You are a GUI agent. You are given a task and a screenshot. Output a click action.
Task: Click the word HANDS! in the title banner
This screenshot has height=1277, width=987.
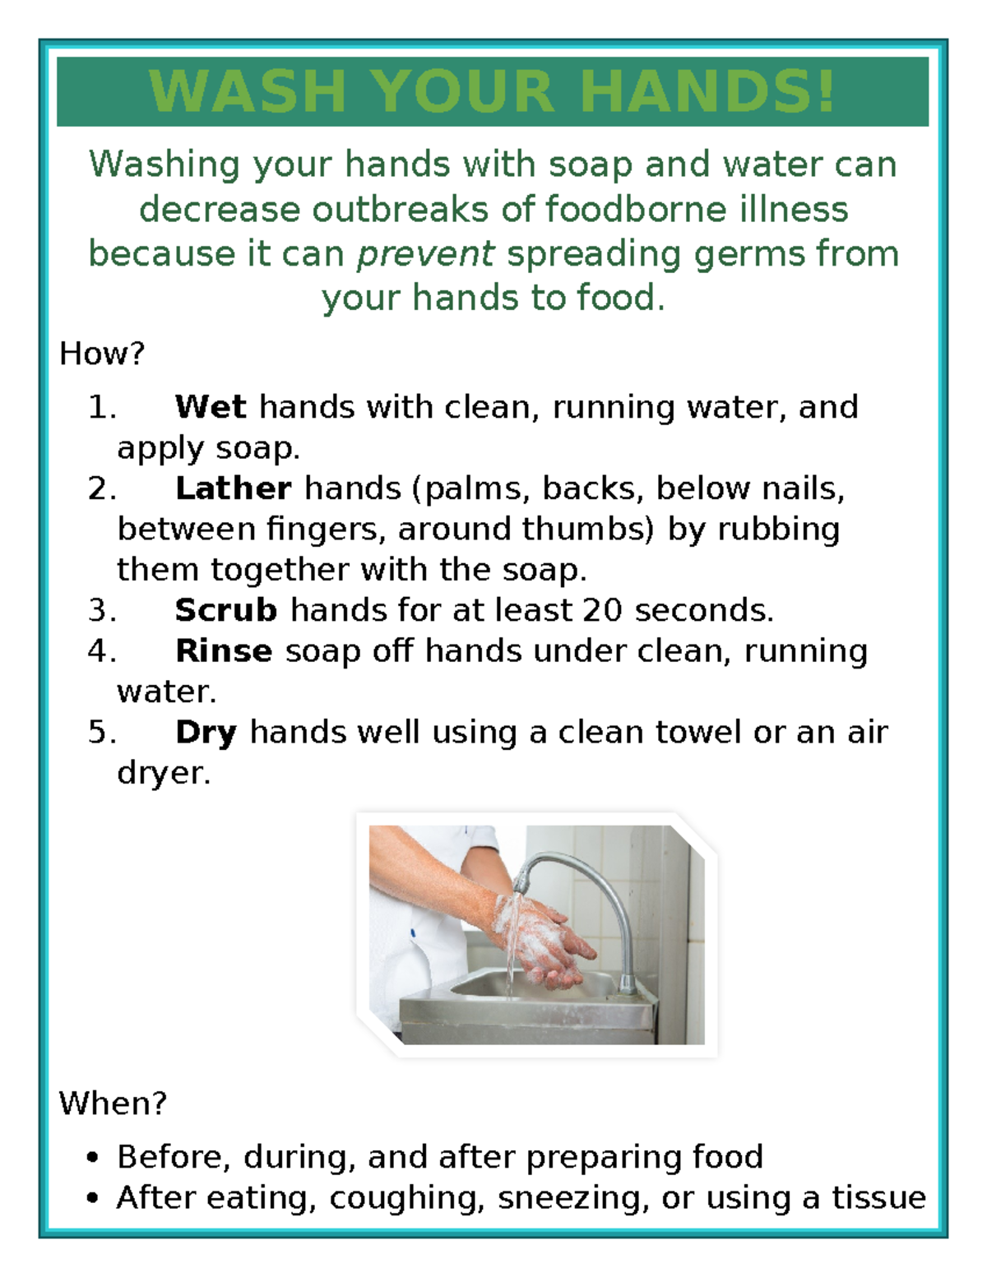(708, 91)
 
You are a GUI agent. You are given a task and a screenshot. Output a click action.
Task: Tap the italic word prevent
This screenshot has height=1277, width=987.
(425, 254)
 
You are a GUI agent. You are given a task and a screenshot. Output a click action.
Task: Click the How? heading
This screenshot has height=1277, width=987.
(102, 354)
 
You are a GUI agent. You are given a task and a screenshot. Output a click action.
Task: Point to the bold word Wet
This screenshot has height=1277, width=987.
(211, 407)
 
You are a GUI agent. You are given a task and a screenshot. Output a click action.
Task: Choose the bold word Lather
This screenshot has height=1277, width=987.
(233, 488)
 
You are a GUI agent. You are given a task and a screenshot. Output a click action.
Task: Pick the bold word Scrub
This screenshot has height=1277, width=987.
(226, 610)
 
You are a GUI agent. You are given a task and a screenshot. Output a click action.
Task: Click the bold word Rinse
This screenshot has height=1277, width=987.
(223, 651)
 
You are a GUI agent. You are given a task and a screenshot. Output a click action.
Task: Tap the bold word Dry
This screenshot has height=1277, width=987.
(206, 732)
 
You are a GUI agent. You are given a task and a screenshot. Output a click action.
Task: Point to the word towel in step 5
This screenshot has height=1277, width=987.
(697, 732)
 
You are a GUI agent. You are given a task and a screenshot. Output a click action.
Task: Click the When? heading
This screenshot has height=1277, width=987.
(113, 1103)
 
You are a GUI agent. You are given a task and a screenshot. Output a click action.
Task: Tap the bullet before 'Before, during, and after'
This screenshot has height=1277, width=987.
(92, 1158)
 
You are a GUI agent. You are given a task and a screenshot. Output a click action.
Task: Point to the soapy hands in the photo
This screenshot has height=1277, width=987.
(543, 942)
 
